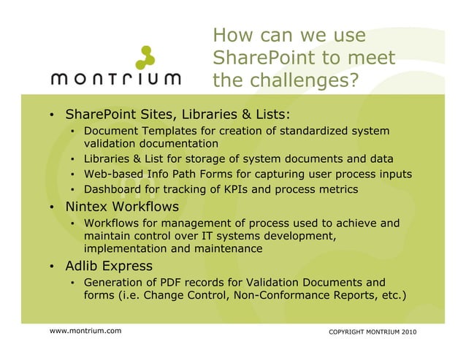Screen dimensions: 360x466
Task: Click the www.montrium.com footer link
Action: click(85, 332)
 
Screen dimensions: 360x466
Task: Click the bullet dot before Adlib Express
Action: click(52, 266)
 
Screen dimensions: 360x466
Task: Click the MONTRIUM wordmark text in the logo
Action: click(118, 78)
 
